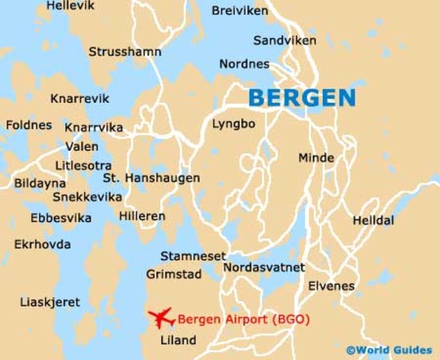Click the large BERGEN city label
pyautogui.click(x=301, y=97)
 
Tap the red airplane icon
pyautogui.click(x=161, y=318)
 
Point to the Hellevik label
pyautogui.click(x=71, y=6)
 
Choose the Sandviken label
pyautogui.click(x=284, y=40)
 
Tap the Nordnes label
pyautogui.click(x=244, y=64)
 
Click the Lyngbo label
pyautogui.click(x=233, y=124)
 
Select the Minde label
pyautogui.click(x=316, y=157)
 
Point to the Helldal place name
pyautogui.click(x=373, y=220)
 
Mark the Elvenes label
pyautogui.click(x=331, y=286)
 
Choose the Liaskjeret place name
pyautogui.click(x=51, y=301)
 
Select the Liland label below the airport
pyautogui.click(x=178, y=340)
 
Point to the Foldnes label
pyautogui.click(x=29, y=125)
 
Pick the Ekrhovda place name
pyautogui.click(x=43, y=244)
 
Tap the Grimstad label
pyautogui.click(x=174, y=274)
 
